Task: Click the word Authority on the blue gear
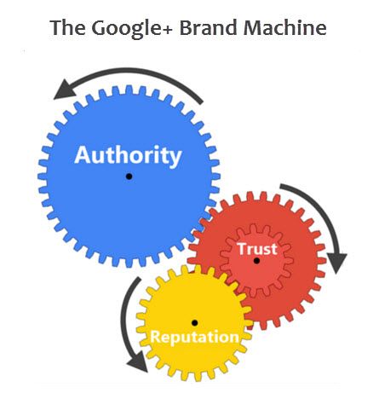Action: (128, 156)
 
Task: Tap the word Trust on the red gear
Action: (257, 249)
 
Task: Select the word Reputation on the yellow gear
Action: (194, 338)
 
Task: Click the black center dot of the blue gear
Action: (129, 176)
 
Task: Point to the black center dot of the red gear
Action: (256, 261)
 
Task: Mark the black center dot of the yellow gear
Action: (195, 323)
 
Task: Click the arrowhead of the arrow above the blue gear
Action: (65, 90)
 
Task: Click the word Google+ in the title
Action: (131, 28)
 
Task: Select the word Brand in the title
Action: (208, 28)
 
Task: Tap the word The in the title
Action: (67, 28)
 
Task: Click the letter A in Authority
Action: (83, 155)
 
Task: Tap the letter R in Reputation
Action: (155, 337)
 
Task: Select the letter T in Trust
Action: (242, 249)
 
